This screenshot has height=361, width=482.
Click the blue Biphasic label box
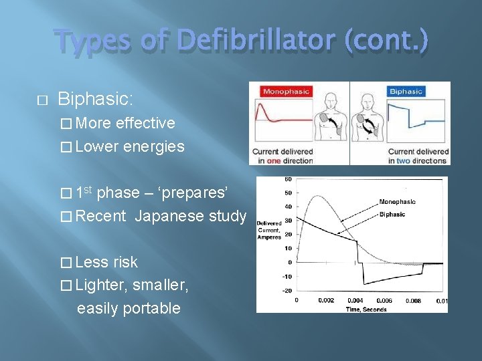tap(405, 92)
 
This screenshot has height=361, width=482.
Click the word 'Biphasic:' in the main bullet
tap(96, 100)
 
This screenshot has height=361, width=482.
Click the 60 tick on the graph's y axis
tap(288, 179)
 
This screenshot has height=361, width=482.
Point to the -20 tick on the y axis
tap(287, 290)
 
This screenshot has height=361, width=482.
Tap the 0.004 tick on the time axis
tap(355, 301)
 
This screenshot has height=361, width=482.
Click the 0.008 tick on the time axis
tap(413, 301)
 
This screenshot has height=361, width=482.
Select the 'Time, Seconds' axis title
tap(367, 309)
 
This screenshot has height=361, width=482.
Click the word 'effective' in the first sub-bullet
tap(145, 123)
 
